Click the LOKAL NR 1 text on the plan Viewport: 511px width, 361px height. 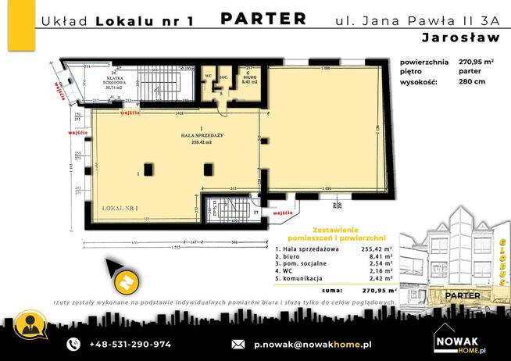point(120,209)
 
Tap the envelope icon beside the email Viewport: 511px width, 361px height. point(238,344)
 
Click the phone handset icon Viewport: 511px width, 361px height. point(73,344)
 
